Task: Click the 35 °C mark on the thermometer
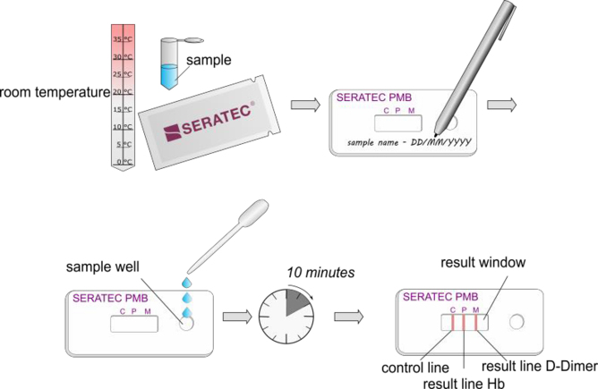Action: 123,39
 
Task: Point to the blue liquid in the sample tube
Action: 169,76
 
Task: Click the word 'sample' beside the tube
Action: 209,60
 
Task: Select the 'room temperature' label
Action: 55,92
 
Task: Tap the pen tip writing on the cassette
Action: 436,134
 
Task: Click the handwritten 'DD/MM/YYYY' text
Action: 440,142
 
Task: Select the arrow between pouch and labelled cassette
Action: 305,105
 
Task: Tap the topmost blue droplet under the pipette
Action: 187,283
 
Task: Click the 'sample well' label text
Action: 103,266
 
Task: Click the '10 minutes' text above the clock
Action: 320,273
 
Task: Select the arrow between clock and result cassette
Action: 348,317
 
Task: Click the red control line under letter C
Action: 452,323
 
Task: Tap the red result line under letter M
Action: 476,323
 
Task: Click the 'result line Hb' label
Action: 464,383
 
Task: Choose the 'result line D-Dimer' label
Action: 539,366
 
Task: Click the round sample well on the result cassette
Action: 517,322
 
